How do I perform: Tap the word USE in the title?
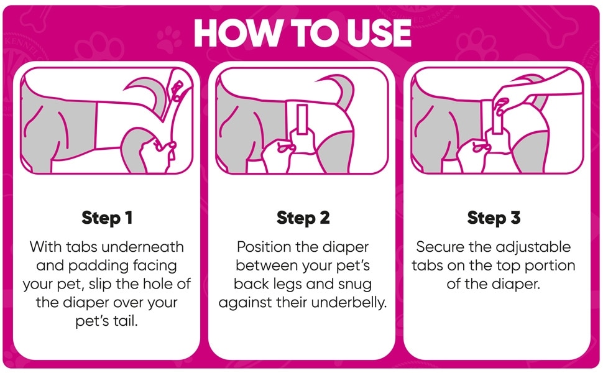[379, 33]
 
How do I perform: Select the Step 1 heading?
[107, 218]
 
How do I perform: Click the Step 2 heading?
[303, 218]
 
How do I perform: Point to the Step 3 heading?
[494, 218]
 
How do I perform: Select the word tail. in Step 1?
[126, 321]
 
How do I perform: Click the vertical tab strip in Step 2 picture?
[302, 119]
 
